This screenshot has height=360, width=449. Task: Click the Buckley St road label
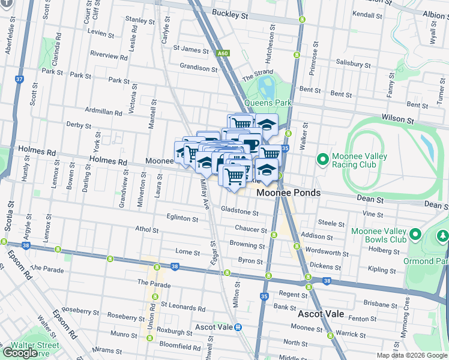coord(229,13)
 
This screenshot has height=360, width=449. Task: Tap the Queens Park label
coord(267,103)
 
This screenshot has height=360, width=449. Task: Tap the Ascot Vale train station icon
coord(238,327)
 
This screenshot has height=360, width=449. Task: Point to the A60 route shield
coord(223,53)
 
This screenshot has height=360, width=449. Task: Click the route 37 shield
coord(19,79)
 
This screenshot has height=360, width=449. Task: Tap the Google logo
coord(20,353)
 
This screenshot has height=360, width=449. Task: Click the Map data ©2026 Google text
coord(412,355)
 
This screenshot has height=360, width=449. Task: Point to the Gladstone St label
coord(240,212)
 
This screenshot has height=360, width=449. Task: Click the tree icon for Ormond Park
coord(442,236)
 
